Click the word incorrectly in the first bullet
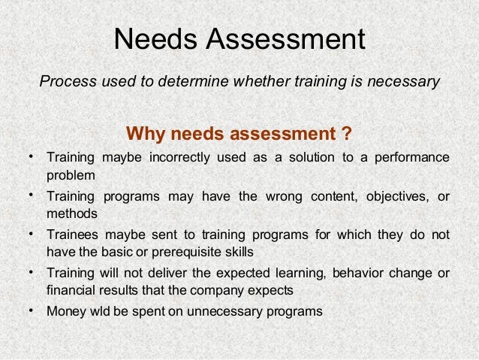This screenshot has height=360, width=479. [x=179, y=158]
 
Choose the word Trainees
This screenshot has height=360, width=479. [x=71, y=234]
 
